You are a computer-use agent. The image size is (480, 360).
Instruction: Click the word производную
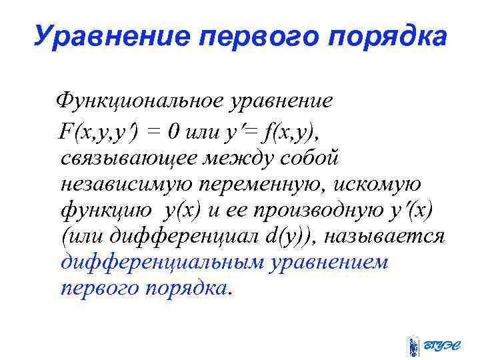pyautogui.click(x=323, y=211)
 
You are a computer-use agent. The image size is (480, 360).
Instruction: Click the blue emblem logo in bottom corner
pyautogui.click(x=413, y=345)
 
